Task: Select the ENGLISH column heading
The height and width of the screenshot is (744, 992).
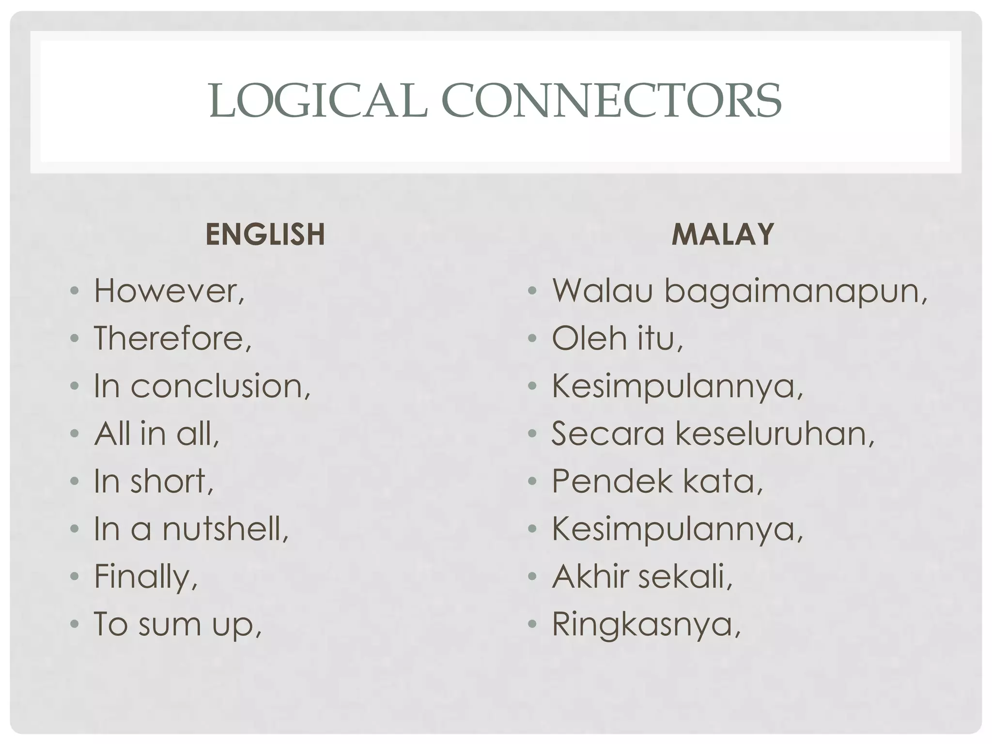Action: point(265,234)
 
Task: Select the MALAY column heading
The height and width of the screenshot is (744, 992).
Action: point(723,234)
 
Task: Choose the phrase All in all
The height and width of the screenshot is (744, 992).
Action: point(156,433)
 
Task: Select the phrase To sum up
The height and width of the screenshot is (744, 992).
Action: point(177,624)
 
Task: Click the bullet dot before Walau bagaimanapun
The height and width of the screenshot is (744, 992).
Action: point(532,291)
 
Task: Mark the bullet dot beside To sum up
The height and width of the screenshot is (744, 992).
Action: point(74,623)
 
